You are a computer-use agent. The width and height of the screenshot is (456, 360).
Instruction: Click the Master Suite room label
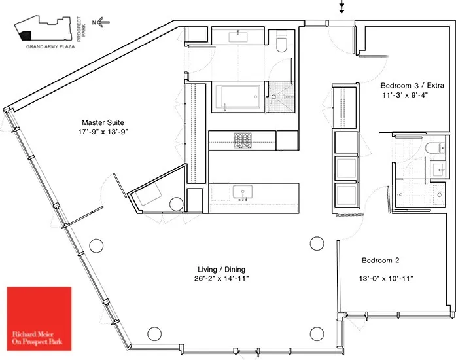point(103,122)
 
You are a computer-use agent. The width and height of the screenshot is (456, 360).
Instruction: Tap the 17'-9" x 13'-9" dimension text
point(103,132)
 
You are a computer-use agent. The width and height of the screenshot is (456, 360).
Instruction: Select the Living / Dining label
point(222,270)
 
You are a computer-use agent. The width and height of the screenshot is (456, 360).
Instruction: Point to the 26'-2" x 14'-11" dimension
point(222,279)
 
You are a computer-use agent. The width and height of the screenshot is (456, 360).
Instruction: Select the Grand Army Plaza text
point(50,47)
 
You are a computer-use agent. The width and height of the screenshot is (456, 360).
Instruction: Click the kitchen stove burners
point(244,139)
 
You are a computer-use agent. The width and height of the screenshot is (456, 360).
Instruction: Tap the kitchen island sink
point(243,191)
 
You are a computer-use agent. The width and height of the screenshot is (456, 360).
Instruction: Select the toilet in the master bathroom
point(282,43)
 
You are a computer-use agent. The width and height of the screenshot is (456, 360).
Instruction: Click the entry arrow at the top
point(341,7)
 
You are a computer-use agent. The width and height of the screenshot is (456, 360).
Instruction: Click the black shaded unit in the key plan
point(26,36)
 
